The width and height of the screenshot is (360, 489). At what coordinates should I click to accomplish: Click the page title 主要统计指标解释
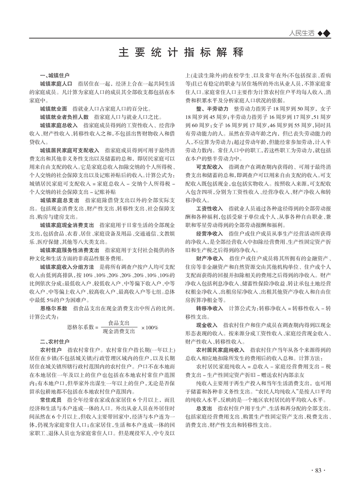(x=180, y=52)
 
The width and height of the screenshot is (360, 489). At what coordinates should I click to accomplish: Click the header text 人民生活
(x=301, y=33)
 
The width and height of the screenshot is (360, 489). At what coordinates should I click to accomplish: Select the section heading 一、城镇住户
(x=55, y=75)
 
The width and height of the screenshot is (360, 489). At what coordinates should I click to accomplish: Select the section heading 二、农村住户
(x=55, y=341)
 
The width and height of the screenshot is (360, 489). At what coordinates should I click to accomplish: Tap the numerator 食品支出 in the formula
(x=113, y=323)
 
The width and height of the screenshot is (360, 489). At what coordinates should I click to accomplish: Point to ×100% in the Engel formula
(x=149, y=327)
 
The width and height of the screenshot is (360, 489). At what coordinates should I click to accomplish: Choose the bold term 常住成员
(x=51, y=400)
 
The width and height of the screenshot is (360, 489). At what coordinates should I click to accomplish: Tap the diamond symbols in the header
(x=323, y=33)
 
